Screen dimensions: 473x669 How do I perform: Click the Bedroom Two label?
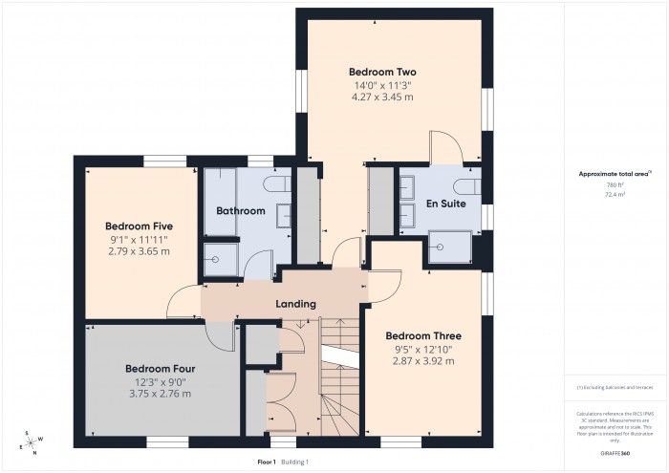[382, 72]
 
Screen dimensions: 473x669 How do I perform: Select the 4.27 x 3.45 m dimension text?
[382, 97]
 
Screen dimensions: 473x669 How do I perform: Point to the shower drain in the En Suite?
[441, 247]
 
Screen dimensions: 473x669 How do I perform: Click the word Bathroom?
[240, 210]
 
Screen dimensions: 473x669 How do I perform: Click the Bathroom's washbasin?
[284, 216]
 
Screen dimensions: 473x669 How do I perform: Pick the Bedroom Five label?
[140, 226]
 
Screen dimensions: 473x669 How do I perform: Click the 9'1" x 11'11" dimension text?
[140, 240]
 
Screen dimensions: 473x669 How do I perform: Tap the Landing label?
[295, 304]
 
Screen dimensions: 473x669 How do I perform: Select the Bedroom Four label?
[161, 367]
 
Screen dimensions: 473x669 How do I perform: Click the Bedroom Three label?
[423, 336]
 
